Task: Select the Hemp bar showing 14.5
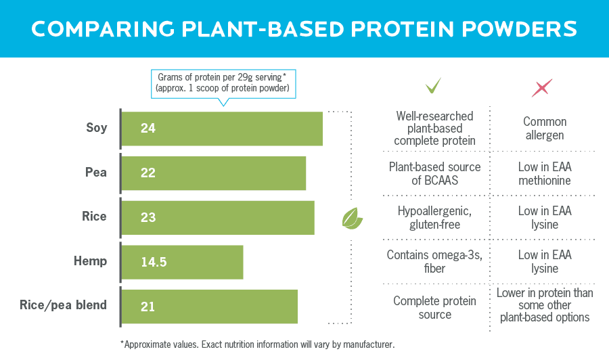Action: pyautogui.click(x=183, y=262)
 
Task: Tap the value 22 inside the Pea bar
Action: pyautogui.click(x=148, y=173)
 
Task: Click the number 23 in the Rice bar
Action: pyautogui.click(x=148, y=217)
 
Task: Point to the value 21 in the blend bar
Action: pyautogui.click(x=148, y=307)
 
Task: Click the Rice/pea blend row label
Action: pyautogui.click(x=63, y=305)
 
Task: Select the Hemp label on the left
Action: pyautogui.click(x=90, y=261)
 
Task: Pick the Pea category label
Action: pyautogui.click(x=95, y=172)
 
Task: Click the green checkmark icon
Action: pyautogui.click(x=433, y=86)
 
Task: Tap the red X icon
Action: pyautogui.click(x=542, y=87)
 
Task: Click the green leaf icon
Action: pyautogui.click(x=352, y=219)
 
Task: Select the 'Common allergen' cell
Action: pyautogui.click(x=545, y=129)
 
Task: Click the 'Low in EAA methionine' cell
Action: pyautogui.click(x=545, y=173)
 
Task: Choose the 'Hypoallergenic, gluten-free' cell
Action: pyautogui.click(x=434, y=217)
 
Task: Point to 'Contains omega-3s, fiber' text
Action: pyautogui.click(x=434, y=262)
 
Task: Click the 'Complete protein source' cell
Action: pyautogui.click(x=434, y=307)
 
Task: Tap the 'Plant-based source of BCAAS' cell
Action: pyautogui.click(x=434, y=173)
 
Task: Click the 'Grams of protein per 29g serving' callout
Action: pyautogui.click(x=223, y=82)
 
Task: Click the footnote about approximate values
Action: pyautogui.click(x=257, y=344)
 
